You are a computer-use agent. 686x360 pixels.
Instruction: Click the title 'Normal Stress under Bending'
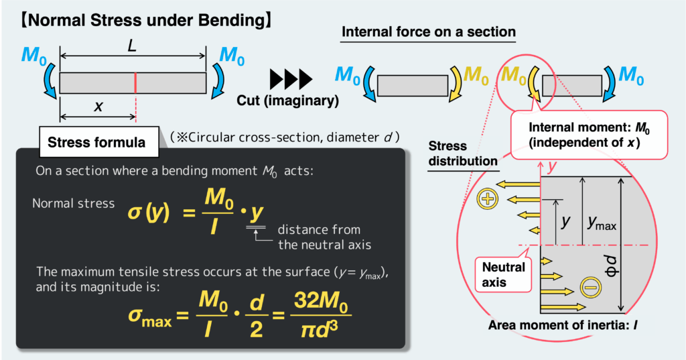point(145,20)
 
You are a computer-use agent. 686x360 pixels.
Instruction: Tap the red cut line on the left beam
point(135,83)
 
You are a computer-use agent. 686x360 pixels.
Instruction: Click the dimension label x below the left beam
point(99,107)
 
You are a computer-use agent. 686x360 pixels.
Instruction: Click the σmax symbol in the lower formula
point(148,316)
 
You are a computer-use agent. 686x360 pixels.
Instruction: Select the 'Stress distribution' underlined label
point(462,154)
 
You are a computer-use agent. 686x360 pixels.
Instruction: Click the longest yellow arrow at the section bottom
point(561,307)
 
